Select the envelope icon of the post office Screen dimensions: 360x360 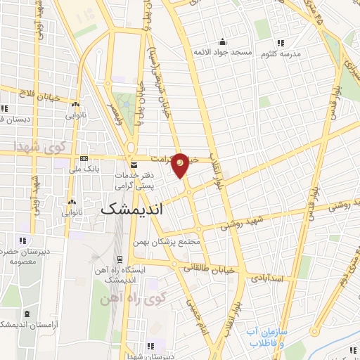(x=134, y=164)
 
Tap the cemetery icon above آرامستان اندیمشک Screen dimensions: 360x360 (x=27, y=313)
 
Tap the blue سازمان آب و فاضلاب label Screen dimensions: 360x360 (x=267, y=336)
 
